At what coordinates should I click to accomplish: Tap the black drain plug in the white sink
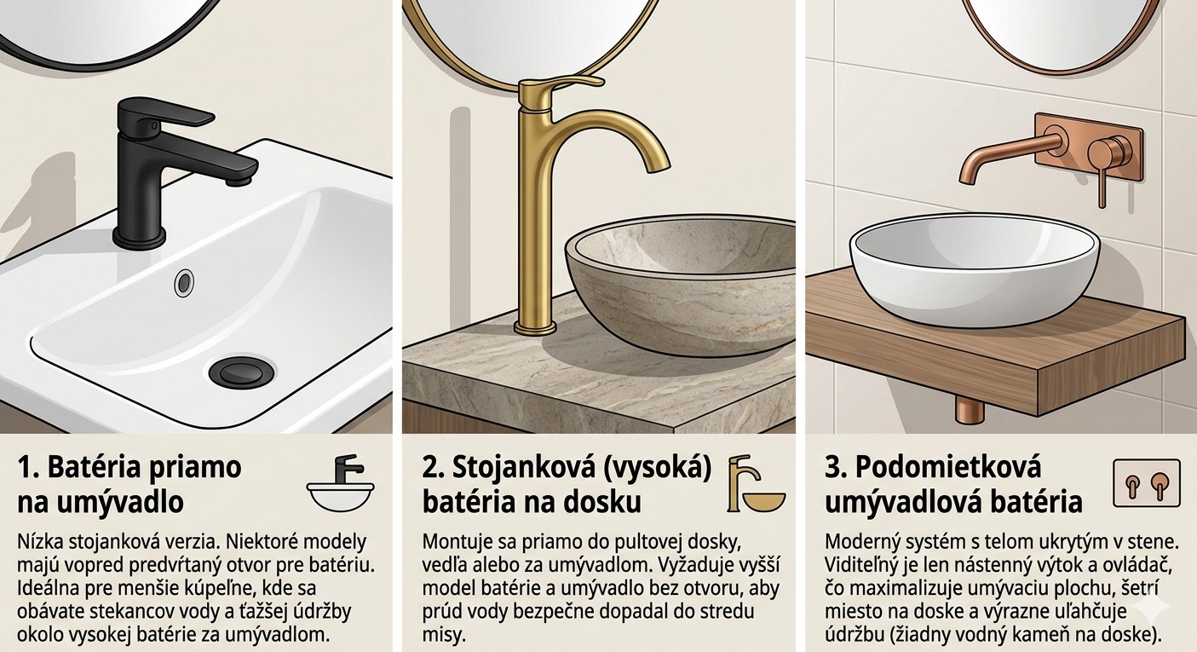point(242,372)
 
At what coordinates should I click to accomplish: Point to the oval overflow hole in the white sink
point(184,282)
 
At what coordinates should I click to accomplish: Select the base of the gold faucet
point(535,326)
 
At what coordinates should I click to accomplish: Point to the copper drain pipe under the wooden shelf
point(969,412)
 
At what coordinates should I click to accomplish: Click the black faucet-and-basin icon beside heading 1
point(341,482)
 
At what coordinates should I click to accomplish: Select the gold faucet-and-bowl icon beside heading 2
point(755,483)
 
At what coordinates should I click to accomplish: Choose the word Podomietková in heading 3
point(948,468)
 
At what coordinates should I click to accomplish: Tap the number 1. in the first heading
point(28,468)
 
